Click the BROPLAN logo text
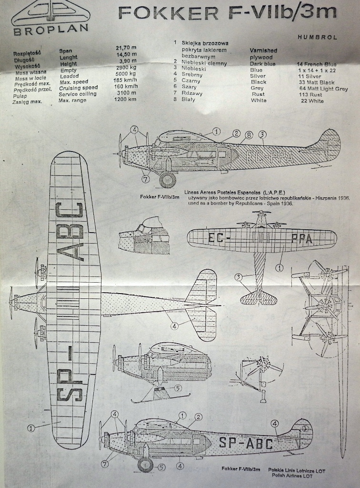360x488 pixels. point(50,29)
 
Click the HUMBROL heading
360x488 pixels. point(317,37)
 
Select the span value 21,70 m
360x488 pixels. point(126,48)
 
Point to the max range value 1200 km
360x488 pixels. point(126,100)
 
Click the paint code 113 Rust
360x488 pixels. point(310,94)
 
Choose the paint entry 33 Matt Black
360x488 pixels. point(317,82)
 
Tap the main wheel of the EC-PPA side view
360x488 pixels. point(168,180)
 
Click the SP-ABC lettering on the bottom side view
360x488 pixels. point(246,444)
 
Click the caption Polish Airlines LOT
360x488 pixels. point(292,476)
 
